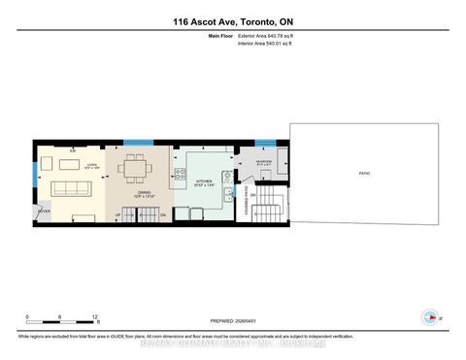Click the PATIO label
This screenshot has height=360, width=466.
pyautogui.click(x=363, y=174)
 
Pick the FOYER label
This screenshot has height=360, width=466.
pyautogui.click(x=44, y=210)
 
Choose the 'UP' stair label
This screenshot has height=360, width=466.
pyautogui.click(x=118, y=214)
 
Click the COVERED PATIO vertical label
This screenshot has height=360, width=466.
pyautogui.click(x=248, y=201)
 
